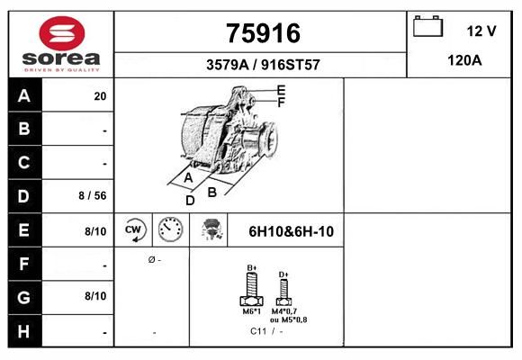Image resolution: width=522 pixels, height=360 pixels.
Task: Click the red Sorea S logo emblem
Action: [x=62, y=33]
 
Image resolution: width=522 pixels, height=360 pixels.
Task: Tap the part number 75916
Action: [x=263, y=33]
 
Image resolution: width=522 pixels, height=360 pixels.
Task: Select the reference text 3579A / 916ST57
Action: [x=263, y=65]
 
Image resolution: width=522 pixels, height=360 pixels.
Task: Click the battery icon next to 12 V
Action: [x=427, y=26]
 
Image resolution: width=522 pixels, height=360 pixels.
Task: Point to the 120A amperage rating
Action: [x=464, y=60]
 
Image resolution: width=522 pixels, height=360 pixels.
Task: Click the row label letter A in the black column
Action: [x=24, y=96]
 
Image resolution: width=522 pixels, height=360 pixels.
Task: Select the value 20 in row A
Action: [x=100, y=96]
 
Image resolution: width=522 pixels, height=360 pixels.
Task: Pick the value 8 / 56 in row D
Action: [x=93, y=195]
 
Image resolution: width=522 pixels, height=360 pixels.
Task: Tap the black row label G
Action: [x=24, y=297]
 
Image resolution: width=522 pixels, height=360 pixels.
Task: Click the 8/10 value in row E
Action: [x=95, y=231]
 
